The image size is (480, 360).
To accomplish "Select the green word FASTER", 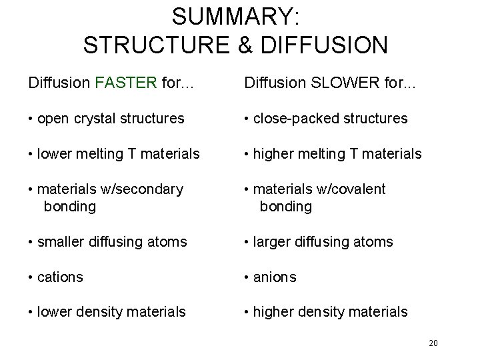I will pos(127,84).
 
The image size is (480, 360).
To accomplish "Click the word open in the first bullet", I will pos(57,119).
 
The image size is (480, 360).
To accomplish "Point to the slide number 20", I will pos(433,343).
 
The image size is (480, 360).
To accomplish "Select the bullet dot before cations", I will pos(31,276).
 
